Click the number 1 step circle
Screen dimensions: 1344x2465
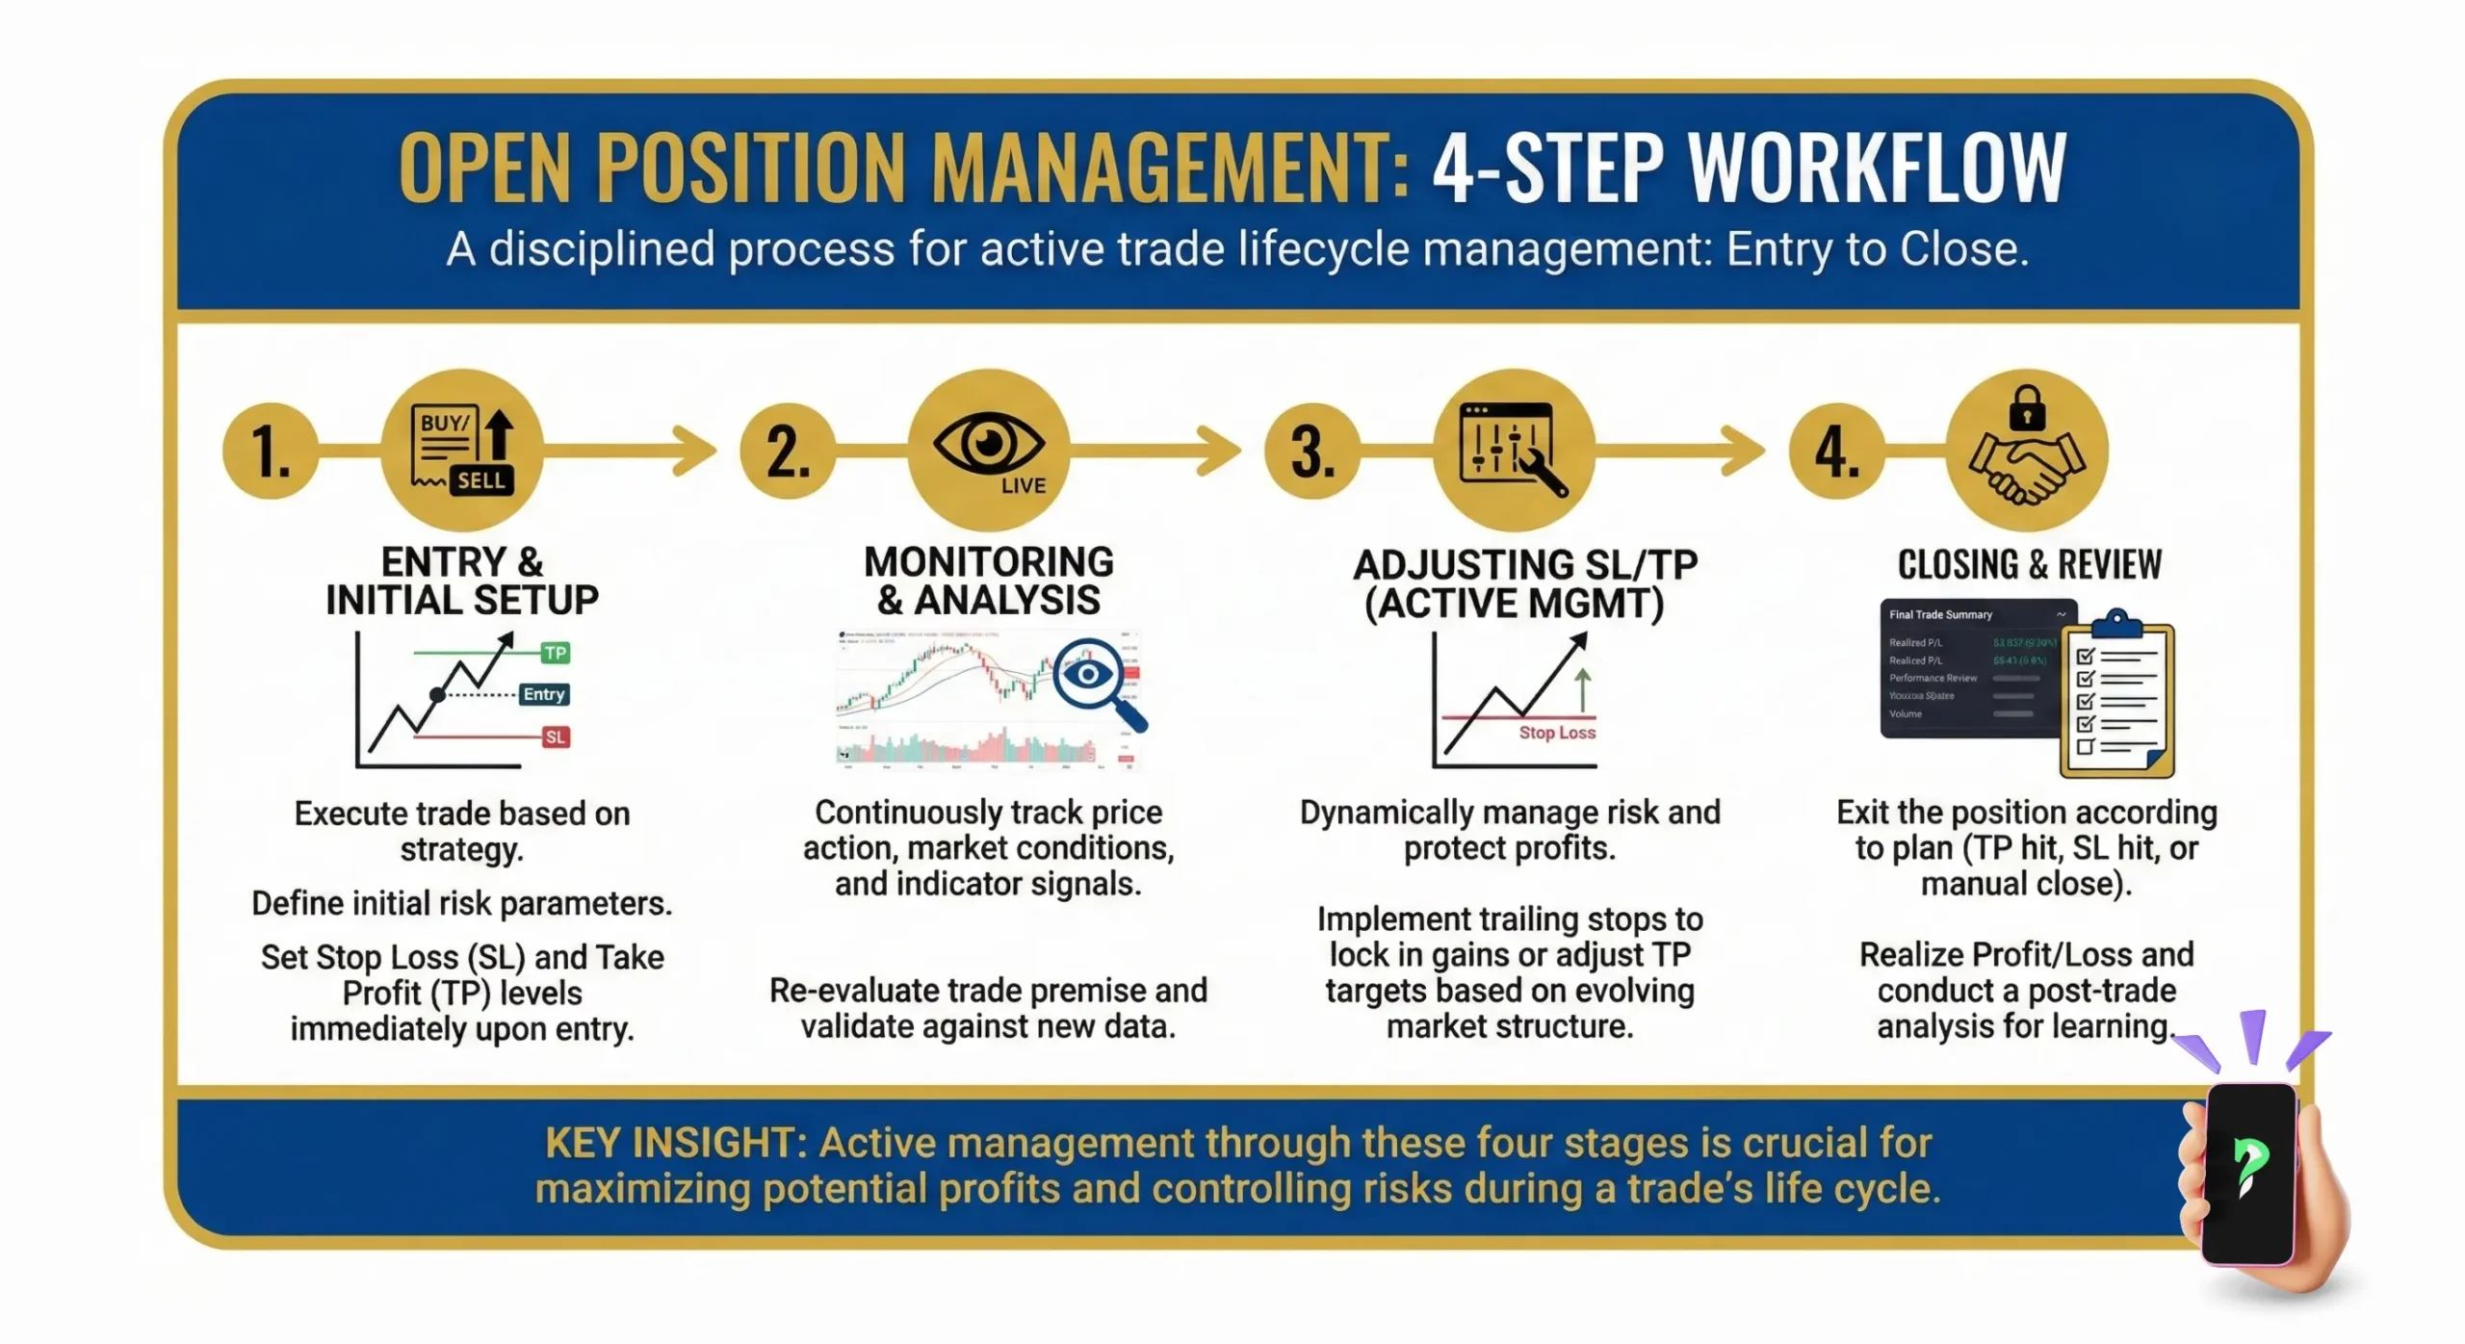pos(271,451)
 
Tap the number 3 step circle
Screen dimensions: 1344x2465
pos(1311,451)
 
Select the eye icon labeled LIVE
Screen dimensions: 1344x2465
pos(989,449)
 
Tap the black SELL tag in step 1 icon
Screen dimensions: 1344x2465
pos(480,479)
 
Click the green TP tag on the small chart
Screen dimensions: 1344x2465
pos(555,654)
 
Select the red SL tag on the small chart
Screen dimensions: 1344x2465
pos(555,737)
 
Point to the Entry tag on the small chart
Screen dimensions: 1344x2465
pos(543,694)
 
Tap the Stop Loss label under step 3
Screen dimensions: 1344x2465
pos(1556,733)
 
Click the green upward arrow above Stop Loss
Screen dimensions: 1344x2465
pos(1582,689)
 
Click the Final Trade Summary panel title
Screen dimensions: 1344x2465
pos(1939,614)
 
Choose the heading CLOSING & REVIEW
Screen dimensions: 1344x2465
pos(2029,564)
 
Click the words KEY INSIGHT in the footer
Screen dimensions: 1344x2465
pos(675,1143)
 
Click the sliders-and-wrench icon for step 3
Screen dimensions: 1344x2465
pos(1513,449)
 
